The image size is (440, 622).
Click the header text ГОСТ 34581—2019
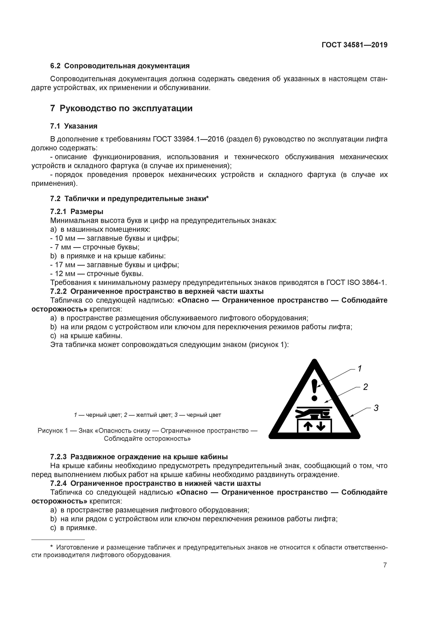point(354,45)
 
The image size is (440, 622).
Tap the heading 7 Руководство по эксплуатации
point(121,108)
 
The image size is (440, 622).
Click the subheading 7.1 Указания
point(74,126)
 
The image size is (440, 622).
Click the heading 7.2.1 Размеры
point(77,211)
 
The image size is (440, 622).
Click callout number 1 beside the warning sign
point(360,369)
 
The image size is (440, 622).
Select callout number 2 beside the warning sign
point(365,387)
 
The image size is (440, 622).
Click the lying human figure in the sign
point(312,414)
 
